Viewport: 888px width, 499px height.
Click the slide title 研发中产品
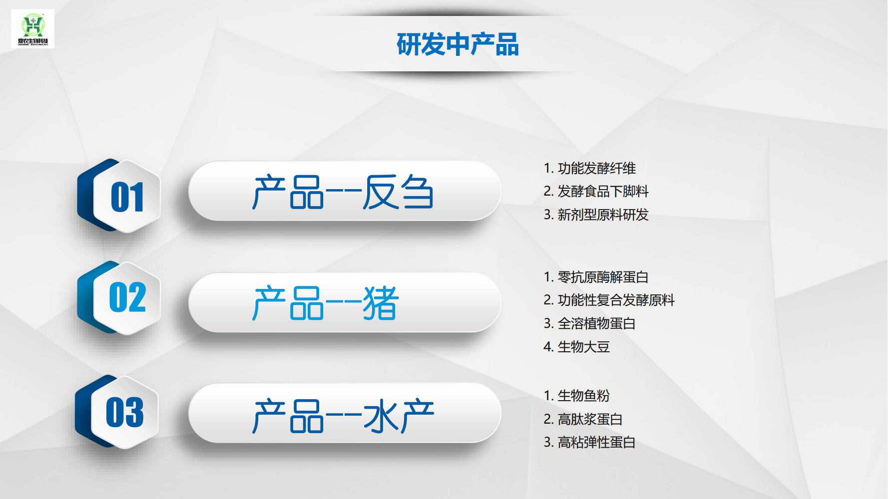tap(457, 44)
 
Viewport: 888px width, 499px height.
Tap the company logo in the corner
tap(33, 29)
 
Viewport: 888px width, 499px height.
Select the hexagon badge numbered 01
tap(119, 196)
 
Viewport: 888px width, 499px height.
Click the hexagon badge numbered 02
tap(119, 298)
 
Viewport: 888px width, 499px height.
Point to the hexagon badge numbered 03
tap(117, 412)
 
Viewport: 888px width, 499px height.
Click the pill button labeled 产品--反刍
tap(345, 191)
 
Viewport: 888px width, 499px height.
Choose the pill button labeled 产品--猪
tap(345, 302)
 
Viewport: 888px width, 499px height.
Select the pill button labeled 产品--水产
tap(345, 413)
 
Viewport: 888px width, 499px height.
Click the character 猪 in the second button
tap(381, 303)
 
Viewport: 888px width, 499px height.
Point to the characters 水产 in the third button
tap(399, 415)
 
